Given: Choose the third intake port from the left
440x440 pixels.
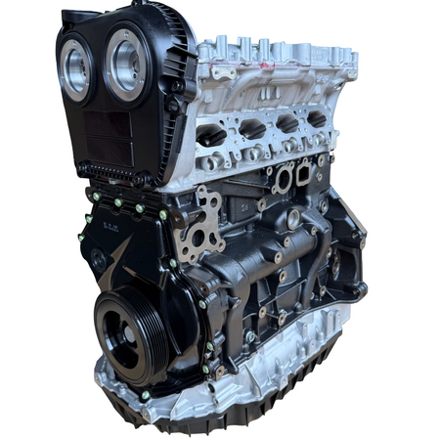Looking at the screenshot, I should [285, 123].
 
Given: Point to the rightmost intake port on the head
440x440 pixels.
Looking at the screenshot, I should [315, 118].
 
